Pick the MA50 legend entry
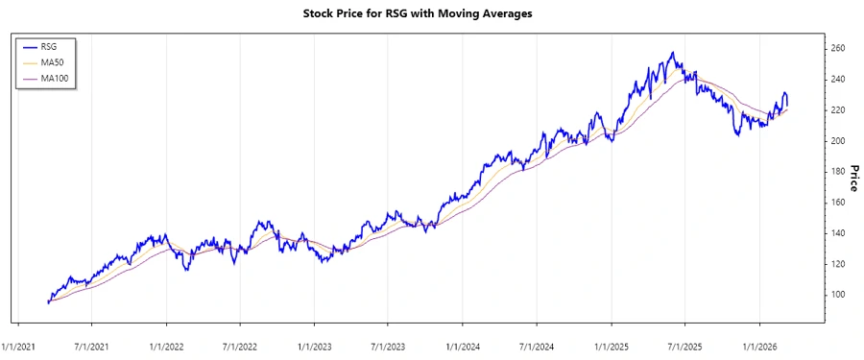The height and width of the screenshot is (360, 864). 55,61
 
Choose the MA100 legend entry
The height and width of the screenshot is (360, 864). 58,78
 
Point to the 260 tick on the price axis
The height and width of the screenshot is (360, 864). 838,49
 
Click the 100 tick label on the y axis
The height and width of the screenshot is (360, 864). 838,295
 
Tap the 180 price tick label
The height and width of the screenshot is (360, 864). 838,172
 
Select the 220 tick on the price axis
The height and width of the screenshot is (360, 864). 838,110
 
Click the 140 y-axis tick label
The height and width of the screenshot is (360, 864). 838,233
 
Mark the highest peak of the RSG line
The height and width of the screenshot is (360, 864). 672,52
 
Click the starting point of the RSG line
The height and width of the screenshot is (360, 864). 47,303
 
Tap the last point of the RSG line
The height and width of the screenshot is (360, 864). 788,106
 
